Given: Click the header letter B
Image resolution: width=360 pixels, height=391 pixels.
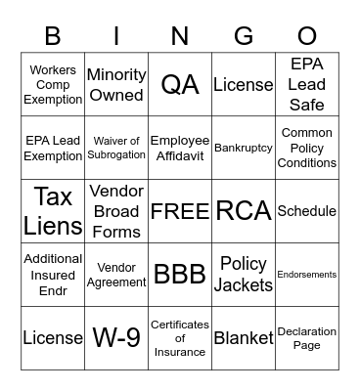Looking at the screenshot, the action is [53, 37].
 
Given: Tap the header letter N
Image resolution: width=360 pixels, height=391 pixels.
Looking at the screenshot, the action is [180, 37].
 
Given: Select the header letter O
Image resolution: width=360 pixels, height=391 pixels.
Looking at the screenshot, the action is [306, 37].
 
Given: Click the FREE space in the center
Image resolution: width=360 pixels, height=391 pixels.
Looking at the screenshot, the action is [180, 211].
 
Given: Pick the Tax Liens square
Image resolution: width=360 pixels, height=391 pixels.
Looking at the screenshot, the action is [53, 210].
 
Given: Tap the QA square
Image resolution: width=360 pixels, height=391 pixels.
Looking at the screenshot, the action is [180, 84].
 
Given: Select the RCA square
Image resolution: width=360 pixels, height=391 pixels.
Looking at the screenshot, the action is [243, 211].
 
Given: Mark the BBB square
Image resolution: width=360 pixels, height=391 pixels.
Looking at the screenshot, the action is [180, 274].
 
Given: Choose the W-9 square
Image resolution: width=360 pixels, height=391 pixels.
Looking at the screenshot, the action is [116, 337].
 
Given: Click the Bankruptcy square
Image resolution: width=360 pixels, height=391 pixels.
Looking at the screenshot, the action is [243, 148].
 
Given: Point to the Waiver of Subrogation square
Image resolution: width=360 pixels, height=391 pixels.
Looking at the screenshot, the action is [116, 148].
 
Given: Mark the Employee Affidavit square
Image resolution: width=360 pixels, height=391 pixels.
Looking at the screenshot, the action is [180, 148].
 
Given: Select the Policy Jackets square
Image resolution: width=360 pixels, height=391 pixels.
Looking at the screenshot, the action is [243, 274].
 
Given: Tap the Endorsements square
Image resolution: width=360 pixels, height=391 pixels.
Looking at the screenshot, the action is [306, 275].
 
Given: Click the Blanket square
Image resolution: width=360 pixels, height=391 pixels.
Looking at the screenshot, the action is [243, 337].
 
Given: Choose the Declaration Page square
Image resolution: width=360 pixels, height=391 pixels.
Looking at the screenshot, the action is [306, 337].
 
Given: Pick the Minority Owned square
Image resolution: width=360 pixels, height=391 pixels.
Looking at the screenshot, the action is [116, 84].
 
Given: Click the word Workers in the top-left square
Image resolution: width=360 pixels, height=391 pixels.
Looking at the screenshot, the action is [53, 70].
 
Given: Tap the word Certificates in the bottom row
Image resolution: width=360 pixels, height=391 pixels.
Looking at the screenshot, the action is [180, 324].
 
